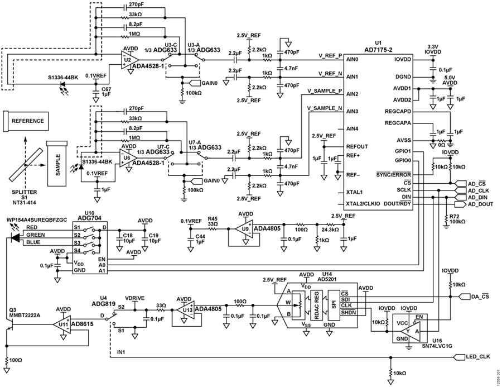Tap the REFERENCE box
pos(28,121)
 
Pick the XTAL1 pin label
pos(354,192)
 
